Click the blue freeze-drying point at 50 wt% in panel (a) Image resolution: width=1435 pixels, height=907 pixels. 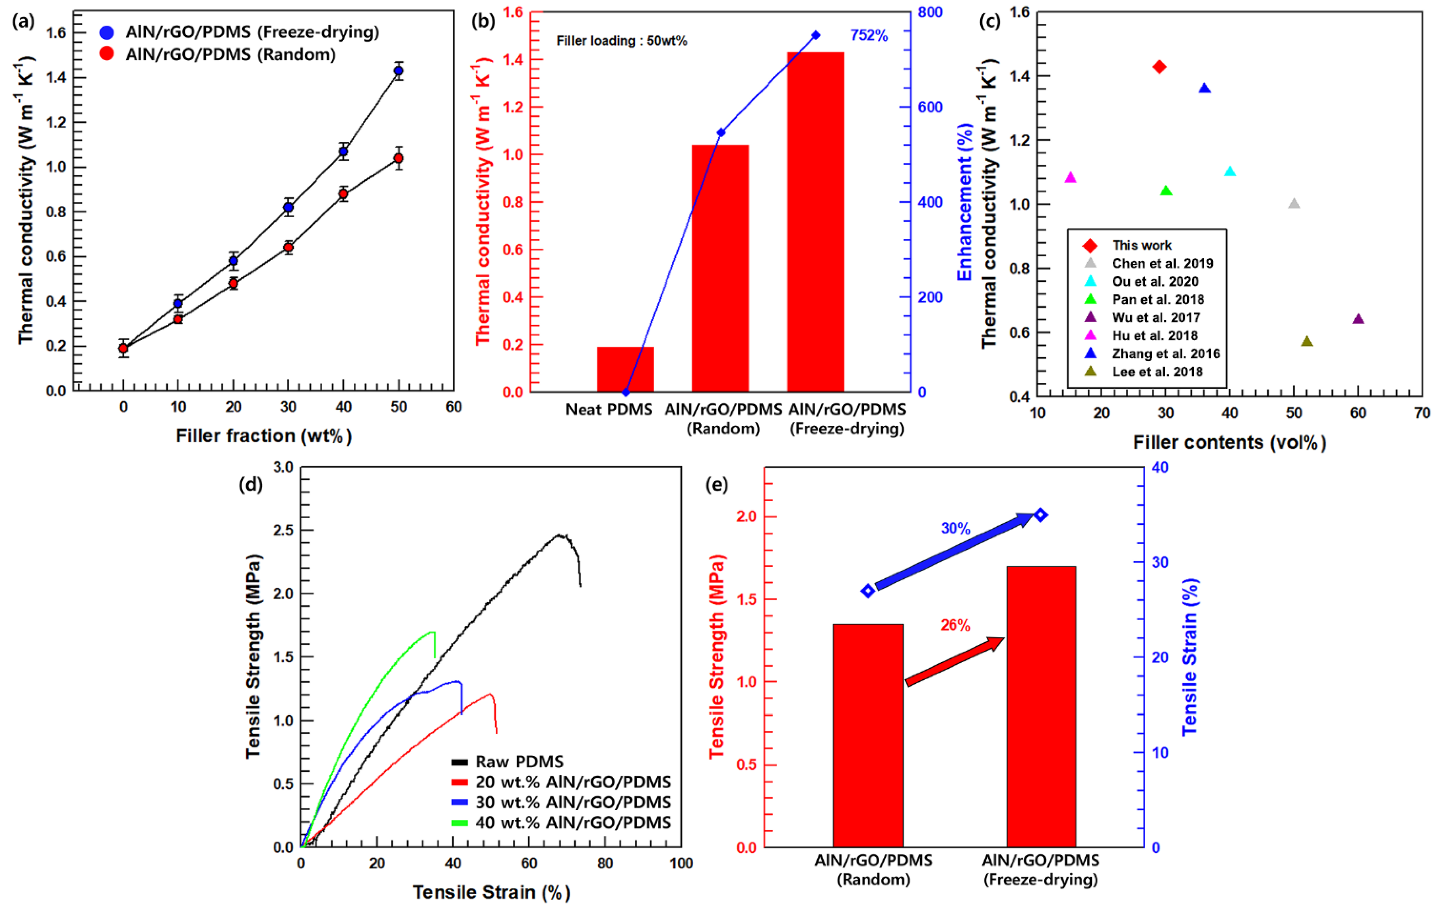[398, 71]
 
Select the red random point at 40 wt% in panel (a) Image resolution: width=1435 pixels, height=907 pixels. [343, 193]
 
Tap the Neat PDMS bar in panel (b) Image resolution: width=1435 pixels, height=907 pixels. [625, 369]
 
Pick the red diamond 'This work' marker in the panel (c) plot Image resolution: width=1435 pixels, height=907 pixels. [1159, 67]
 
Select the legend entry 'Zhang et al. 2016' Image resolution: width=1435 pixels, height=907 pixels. [1165, 354]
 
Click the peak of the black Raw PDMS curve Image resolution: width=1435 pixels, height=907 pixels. [559, 535]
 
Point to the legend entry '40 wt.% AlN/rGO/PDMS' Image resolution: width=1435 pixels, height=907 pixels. [573, 822]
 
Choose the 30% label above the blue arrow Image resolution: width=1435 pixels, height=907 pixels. [955, 528]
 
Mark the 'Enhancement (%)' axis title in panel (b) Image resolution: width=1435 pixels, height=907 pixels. [964, 203]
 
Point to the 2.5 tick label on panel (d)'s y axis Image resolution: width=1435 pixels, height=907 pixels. [283, 530]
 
